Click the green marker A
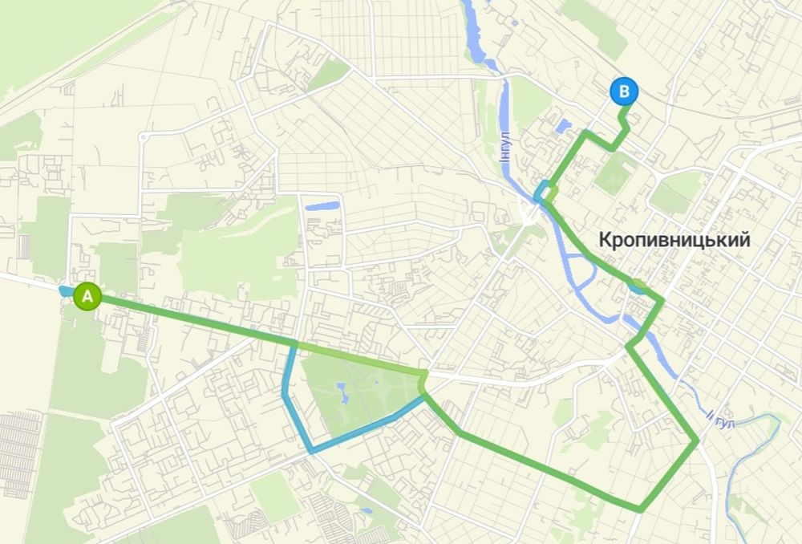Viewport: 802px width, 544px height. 87,296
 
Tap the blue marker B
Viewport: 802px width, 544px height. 623,91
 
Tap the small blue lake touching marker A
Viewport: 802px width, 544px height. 66,290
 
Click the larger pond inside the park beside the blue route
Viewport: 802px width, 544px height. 341,392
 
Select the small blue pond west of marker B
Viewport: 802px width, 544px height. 564,125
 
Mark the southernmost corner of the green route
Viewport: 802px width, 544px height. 640,509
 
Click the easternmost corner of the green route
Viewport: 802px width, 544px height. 695,440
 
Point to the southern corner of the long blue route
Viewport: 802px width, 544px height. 310,451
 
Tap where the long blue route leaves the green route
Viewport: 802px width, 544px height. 294,345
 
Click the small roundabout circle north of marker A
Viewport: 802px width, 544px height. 144,137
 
